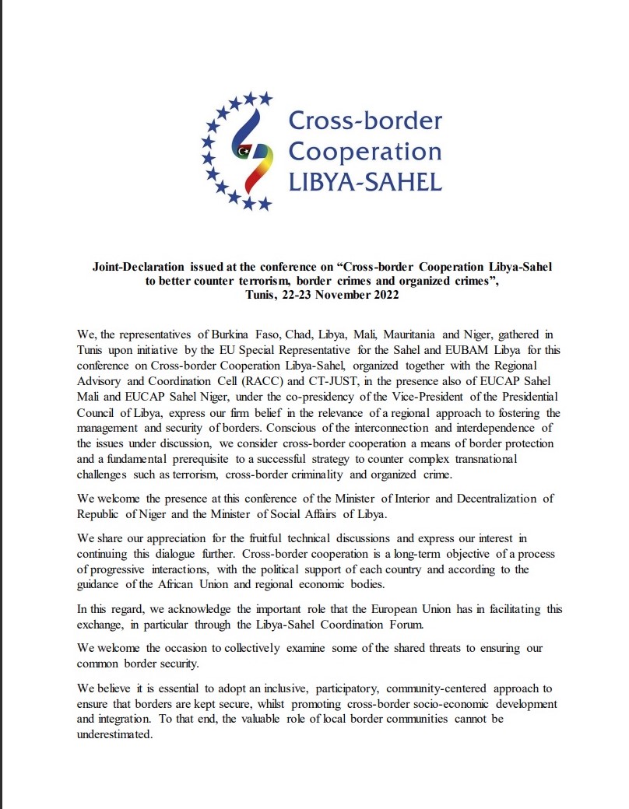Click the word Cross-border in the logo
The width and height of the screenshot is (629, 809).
click(x=365, y=121)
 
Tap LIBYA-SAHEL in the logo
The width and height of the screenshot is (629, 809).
click(x=365, y=183)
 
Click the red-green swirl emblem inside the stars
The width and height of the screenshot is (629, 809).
click(x=248, y=152)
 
